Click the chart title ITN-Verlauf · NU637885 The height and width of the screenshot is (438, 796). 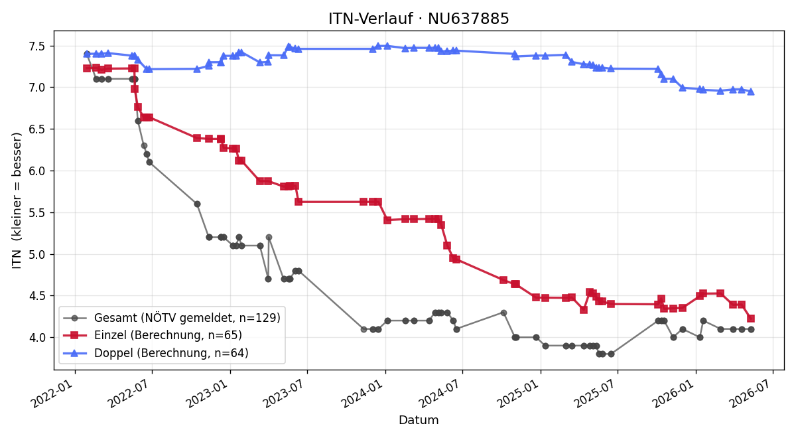[419, 19]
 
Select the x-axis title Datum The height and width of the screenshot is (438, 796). [419, 420]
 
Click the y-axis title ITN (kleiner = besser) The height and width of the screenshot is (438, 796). [17, 200]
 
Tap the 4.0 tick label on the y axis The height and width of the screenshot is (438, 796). [38, 337]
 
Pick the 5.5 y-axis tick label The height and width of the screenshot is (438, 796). [38, 212]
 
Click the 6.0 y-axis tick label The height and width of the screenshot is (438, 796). [38, 171]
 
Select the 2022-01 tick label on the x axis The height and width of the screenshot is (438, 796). [56, 392]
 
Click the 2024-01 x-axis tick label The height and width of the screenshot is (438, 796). [366, 392]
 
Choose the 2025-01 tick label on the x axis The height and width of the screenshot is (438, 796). [521, 392]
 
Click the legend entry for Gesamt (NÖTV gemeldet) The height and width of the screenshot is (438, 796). [172, 317]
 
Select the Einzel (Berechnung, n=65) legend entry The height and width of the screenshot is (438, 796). [153, 335]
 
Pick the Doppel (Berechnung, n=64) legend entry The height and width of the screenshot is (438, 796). [156, 352]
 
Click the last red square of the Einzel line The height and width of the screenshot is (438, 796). [751, 319]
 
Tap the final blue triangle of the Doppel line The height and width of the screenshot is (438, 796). [751, 92]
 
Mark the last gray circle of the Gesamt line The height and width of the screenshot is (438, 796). [751, 330]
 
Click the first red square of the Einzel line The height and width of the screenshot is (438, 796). [87, 68]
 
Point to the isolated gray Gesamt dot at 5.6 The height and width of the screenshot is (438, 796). [197, 204]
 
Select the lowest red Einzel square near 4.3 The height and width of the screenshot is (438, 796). [584, 310]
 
